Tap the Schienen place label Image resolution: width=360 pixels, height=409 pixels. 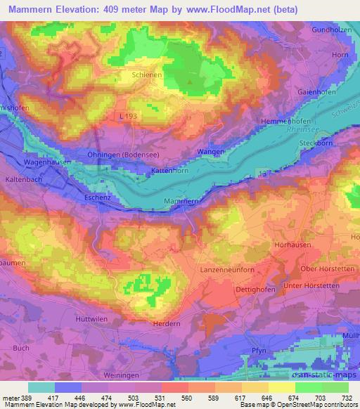[146, 72]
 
